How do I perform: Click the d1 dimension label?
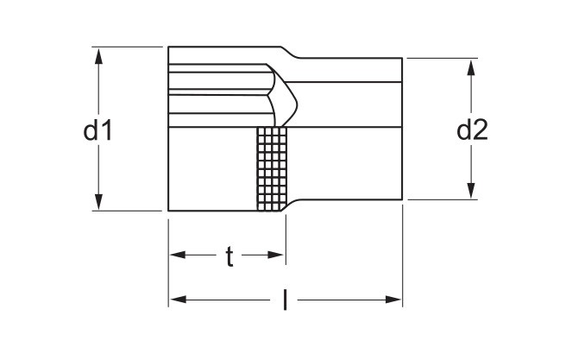click(97, 130)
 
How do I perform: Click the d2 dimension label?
click(472, 129)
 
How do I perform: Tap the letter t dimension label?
click(229, 256)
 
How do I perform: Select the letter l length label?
click(285, 300)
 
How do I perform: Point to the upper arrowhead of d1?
click(98, 56)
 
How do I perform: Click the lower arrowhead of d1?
click(98, 202)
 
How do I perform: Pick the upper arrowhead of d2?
click(471, 67)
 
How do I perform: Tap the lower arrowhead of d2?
click(471, 191)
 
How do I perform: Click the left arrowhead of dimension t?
click(178, 255)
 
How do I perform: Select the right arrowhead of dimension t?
click(276, 255)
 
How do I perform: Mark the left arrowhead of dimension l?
click(179, 300)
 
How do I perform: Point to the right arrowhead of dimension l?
click(393, 300)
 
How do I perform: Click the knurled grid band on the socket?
click(272, 168)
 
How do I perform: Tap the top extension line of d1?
click(127, 47)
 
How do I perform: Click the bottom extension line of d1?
click(127, 211)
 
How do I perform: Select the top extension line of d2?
click(442, 58)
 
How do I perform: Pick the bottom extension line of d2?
click(442, 199)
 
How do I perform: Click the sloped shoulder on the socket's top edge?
click(290, 53)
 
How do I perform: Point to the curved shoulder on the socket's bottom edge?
click(291, 205)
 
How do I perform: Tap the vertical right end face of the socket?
click(402, 129)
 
